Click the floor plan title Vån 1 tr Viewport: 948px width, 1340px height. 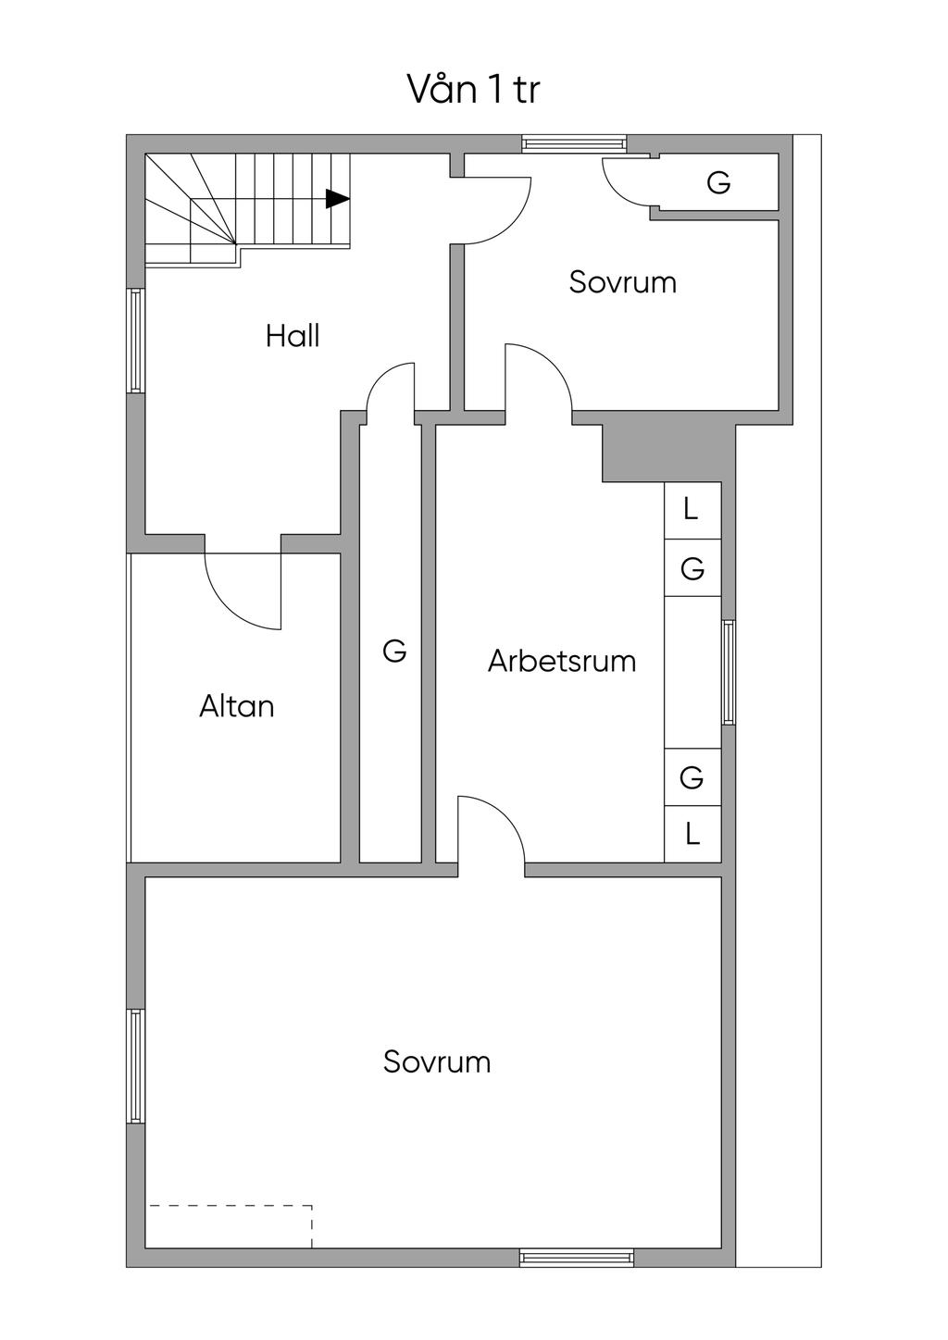point(473,89)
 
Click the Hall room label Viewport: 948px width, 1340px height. point(293,336)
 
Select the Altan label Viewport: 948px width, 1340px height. point(237,706)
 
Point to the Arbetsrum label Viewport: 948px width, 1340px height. point(562,661)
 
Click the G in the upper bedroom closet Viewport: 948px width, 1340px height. point(718,182)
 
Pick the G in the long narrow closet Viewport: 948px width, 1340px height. point(395,651)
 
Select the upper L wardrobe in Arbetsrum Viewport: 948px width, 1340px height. point(692,510)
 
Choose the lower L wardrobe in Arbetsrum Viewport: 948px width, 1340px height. point(692,834)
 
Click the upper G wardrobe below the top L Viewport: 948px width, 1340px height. point(692,567)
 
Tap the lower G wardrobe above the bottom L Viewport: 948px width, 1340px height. point(692,777)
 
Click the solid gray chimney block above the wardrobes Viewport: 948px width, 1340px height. point(668,453)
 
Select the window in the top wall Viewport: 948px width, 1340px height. point(574,144)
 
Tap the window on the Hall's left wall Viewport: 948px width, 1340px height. point(136,341)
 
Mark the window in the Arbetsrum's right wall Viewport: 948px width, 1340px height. point(729,673)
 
